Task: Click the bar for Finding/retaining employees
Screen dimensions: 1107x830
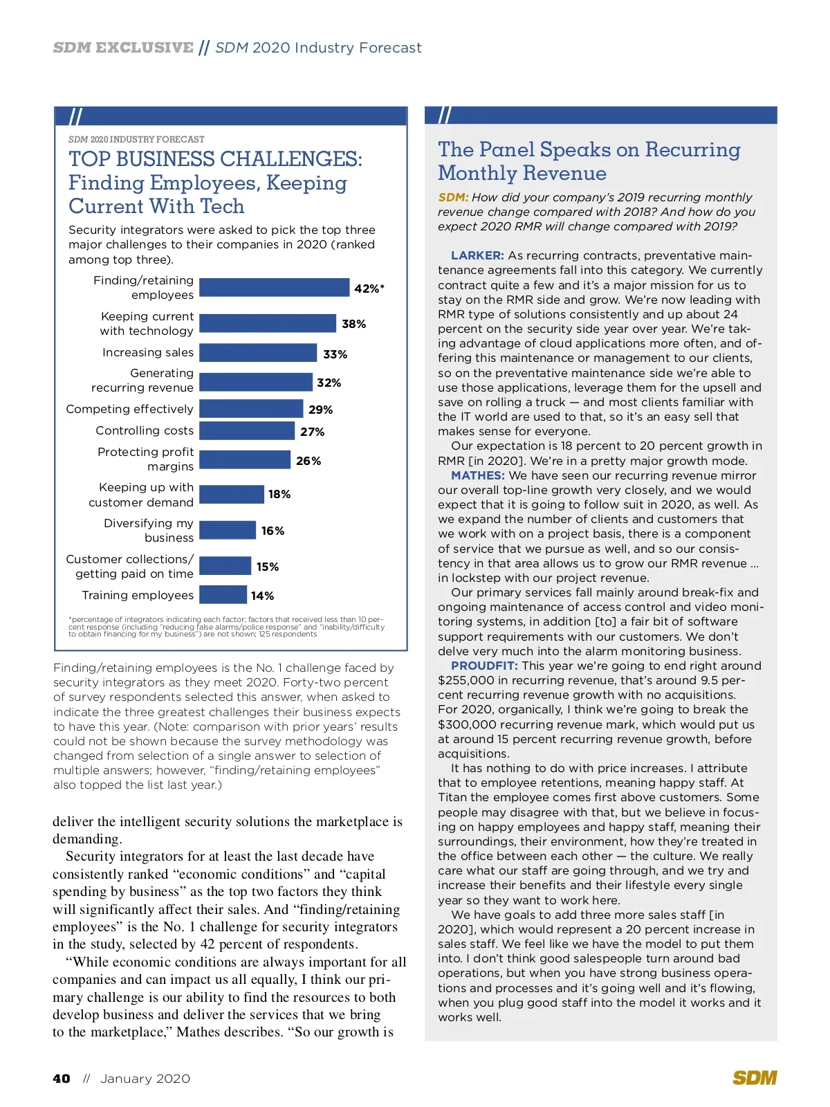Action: coord(274,288)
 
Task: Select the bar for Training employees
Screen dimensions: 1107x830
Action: coord(223,595)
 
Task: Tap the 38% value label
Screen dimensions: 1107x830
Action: coord(353,324)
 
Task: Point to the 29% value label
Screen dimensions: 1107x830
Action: coord(320,410)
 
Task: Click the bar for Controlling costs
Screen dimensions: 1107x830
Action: coord(247,431)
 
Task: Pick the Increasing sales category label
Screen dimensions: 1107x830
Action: coord(147,353)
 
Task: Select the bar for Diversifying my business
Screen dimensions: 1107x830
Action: coord(228,531)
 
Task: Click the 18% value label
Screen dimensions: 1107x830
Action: coord(279,494)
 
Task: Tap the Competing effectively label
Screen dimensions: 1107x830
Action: coord(129,410)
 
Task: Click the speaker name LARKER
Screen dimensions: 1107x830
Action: coord(477,256)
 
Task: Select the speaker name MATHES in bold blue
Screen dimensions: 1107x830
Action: coord(477,476)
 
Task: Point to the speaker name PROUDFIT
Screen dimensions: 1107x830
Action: coord(484,666)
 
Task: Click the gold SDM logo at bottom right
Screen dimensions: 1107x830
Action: coord(755,1078)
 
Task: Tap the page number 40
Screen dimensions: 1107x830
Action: coord(62,1079)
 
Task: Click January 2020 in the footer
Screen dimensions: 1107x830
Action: coord(145,1079)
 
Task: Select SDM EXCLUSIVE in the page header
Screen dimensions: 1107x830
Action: coord(123,48)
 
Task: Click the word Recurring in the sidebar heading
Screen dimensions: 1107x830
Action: coord(692,150)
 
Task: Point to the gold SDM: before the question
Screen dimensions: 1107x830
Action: coord(453,197)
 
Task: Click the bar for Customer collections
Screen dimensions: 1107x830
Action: coord(225,566)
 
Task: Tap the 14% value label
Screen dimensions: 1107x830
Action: coord(262,596)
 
